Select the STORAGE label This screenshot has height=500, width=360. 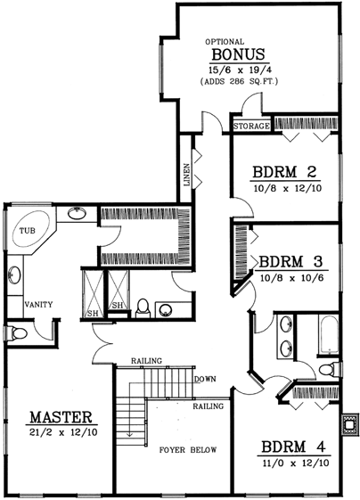tap(251, 127)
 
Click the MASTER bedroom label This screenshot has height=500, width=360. tap(61, 416)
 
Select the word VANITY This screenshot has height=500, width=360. tap(38, 304)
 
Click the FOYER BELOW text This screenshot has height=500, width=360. tap(187, 450)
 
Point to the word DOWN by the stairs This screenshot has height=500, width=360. tap(206, 379)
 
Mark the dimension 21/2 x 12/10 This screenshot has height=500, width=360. tap(62, 431)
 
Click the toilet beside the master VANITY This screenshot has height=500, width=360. tap(18, 333)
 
